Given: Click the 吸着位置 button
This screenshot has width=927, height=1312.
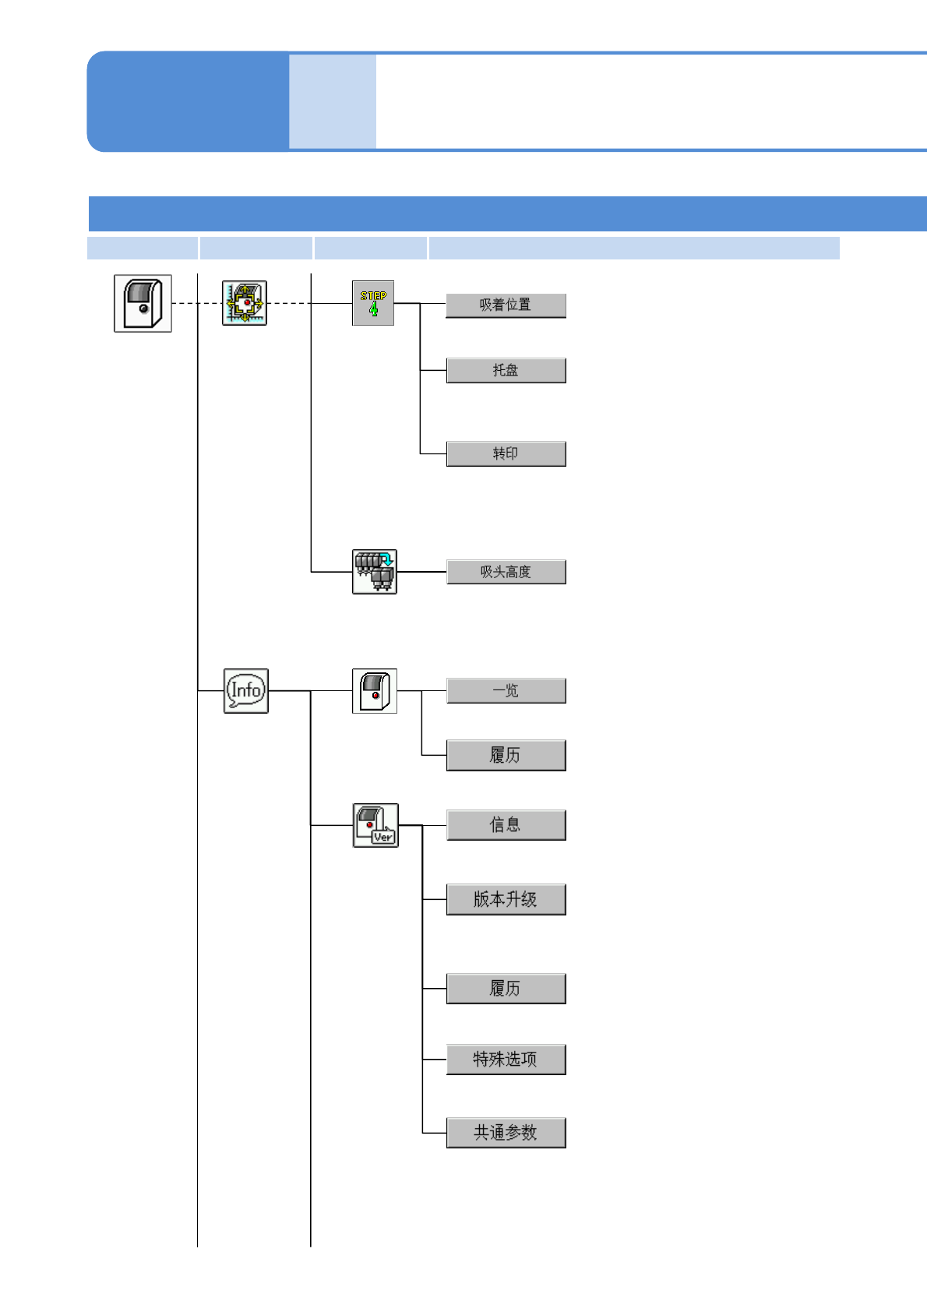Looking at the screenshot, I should coord(506,305).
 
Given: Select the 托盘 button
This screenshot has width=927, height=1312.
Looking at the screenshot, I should coord(506,370).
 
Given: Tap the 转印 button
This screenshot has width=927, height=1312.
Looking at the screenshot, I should coord(506,453).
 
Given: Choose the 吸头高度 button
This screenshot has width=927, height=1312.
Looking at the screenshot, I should coord(506,572).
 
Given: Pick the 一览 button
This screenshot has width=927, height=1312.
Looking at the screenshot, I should coord(506,691).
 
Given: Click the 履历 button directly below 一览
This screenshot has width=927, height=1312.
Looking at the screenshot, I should coord(506,755).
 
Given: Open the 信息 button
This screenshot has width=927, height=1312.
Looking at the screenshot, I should coord(506,825).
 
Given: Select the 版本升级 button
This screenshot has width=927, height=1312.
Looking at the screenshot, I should coord(506,899).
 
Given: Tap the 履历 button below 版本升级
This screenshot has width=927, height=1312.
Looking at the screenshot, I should coord(506,989).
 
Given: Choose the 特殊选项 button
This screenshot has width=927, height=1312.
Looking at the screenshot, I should coord(506,1060).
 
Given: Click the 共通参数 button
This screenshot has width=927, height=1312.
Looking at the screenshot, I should coord(506,1133).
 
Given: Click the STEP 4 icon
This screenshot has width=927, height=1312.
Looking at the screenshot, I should coord(373,303).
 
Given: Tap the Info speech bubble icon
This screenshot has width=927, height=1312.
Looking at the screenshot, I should coord(246,691).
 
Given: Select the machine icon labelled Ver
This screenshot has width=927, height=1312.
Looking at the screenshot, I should coord(375,825).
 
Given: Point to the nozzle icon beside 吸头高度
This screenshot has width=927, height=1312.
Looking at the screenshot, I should coord(375,572).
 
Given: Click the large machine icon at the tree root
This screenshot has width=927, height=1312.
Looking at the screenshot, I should coord(143,303).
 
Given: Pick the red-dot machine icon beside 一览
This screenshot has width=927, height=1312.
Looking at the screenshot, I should coord(375,691).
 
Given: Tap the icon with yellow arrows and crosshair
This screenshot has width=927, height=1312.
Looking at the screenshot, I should coord(245,303).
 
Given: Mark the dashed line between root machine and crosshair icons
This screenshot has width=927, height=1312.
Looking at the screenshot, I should coord(196,303).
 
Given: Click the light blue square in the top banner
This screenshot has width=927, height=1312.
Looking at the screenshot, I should coord(333,101).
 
